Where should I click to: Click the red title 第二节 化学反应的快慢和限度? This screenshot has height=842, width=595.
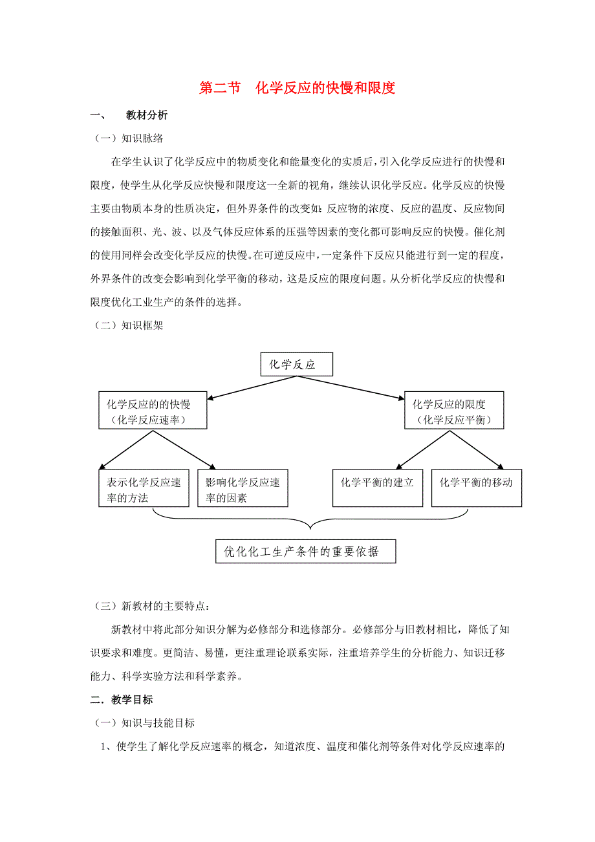pyautogui.click(x=297, y=88)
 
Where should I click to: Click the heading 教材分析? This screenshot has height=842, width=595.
pyautogui.click(x=147, y=115)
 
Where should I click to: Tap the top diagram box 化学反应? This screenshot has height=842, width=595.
pyautogui.click(x=296, y=364)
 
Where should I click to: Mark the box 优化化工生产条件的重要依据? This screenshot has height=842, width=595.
pyautogui.click(x=305, y=552)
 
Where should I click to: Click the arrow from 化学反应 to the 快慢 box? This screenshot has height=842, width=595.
pyautogui.click(x=236, y=387)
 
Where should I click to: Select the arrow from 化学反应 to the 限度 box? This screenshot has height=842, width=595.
pyautogui.click(x=365, y=386)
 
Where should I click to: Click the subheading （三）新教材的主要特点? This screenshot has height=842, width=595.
pyautogui.click(x=152, y=607)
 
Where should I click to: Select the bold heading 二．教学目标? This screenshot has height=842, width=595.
pyautogui.click(x=121, y=700)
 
